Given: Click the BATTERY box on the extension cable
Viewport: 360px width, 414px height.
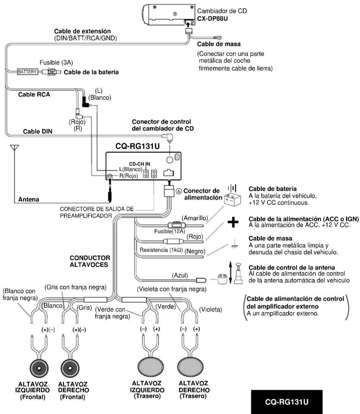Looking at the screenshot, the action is (x=27, y=72).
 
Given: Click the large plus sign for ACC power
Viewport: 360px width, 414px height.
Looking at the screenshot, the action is (x=233, y=222).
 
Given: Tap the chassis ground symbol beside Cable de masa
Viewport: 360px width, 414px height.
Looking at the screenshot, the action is (x=234, y=244).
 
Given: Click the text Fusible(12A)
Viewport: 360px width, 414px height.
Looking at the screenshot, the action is (x=170, y=231).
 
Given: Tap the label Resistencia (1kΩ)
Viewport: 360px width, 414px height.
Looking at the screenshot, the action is (x=161, y=250).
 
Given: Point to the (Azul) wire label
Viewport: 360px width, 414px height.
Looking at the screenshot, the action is (x=180, y=275).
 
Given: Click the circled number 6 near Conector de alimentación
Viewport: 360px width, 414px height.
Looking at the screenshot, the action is (x=179, y=191).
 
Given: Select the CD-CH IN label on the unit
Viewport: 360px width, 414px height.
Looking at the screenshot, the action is (x=139, y=164).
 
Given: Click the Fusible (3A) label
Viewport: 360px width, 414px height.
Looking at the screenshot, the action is (x=56, y=63).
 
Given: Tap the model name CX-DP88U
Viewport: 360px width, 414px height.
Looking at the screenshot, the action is (x=212, y=19).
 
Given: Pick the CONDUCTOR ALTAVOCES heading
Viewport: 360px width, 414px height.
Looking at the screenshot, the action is (x=90, y=261).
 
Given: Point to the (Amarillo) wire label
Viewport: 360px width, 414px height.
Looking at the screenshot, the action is (x=195, y=218).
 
